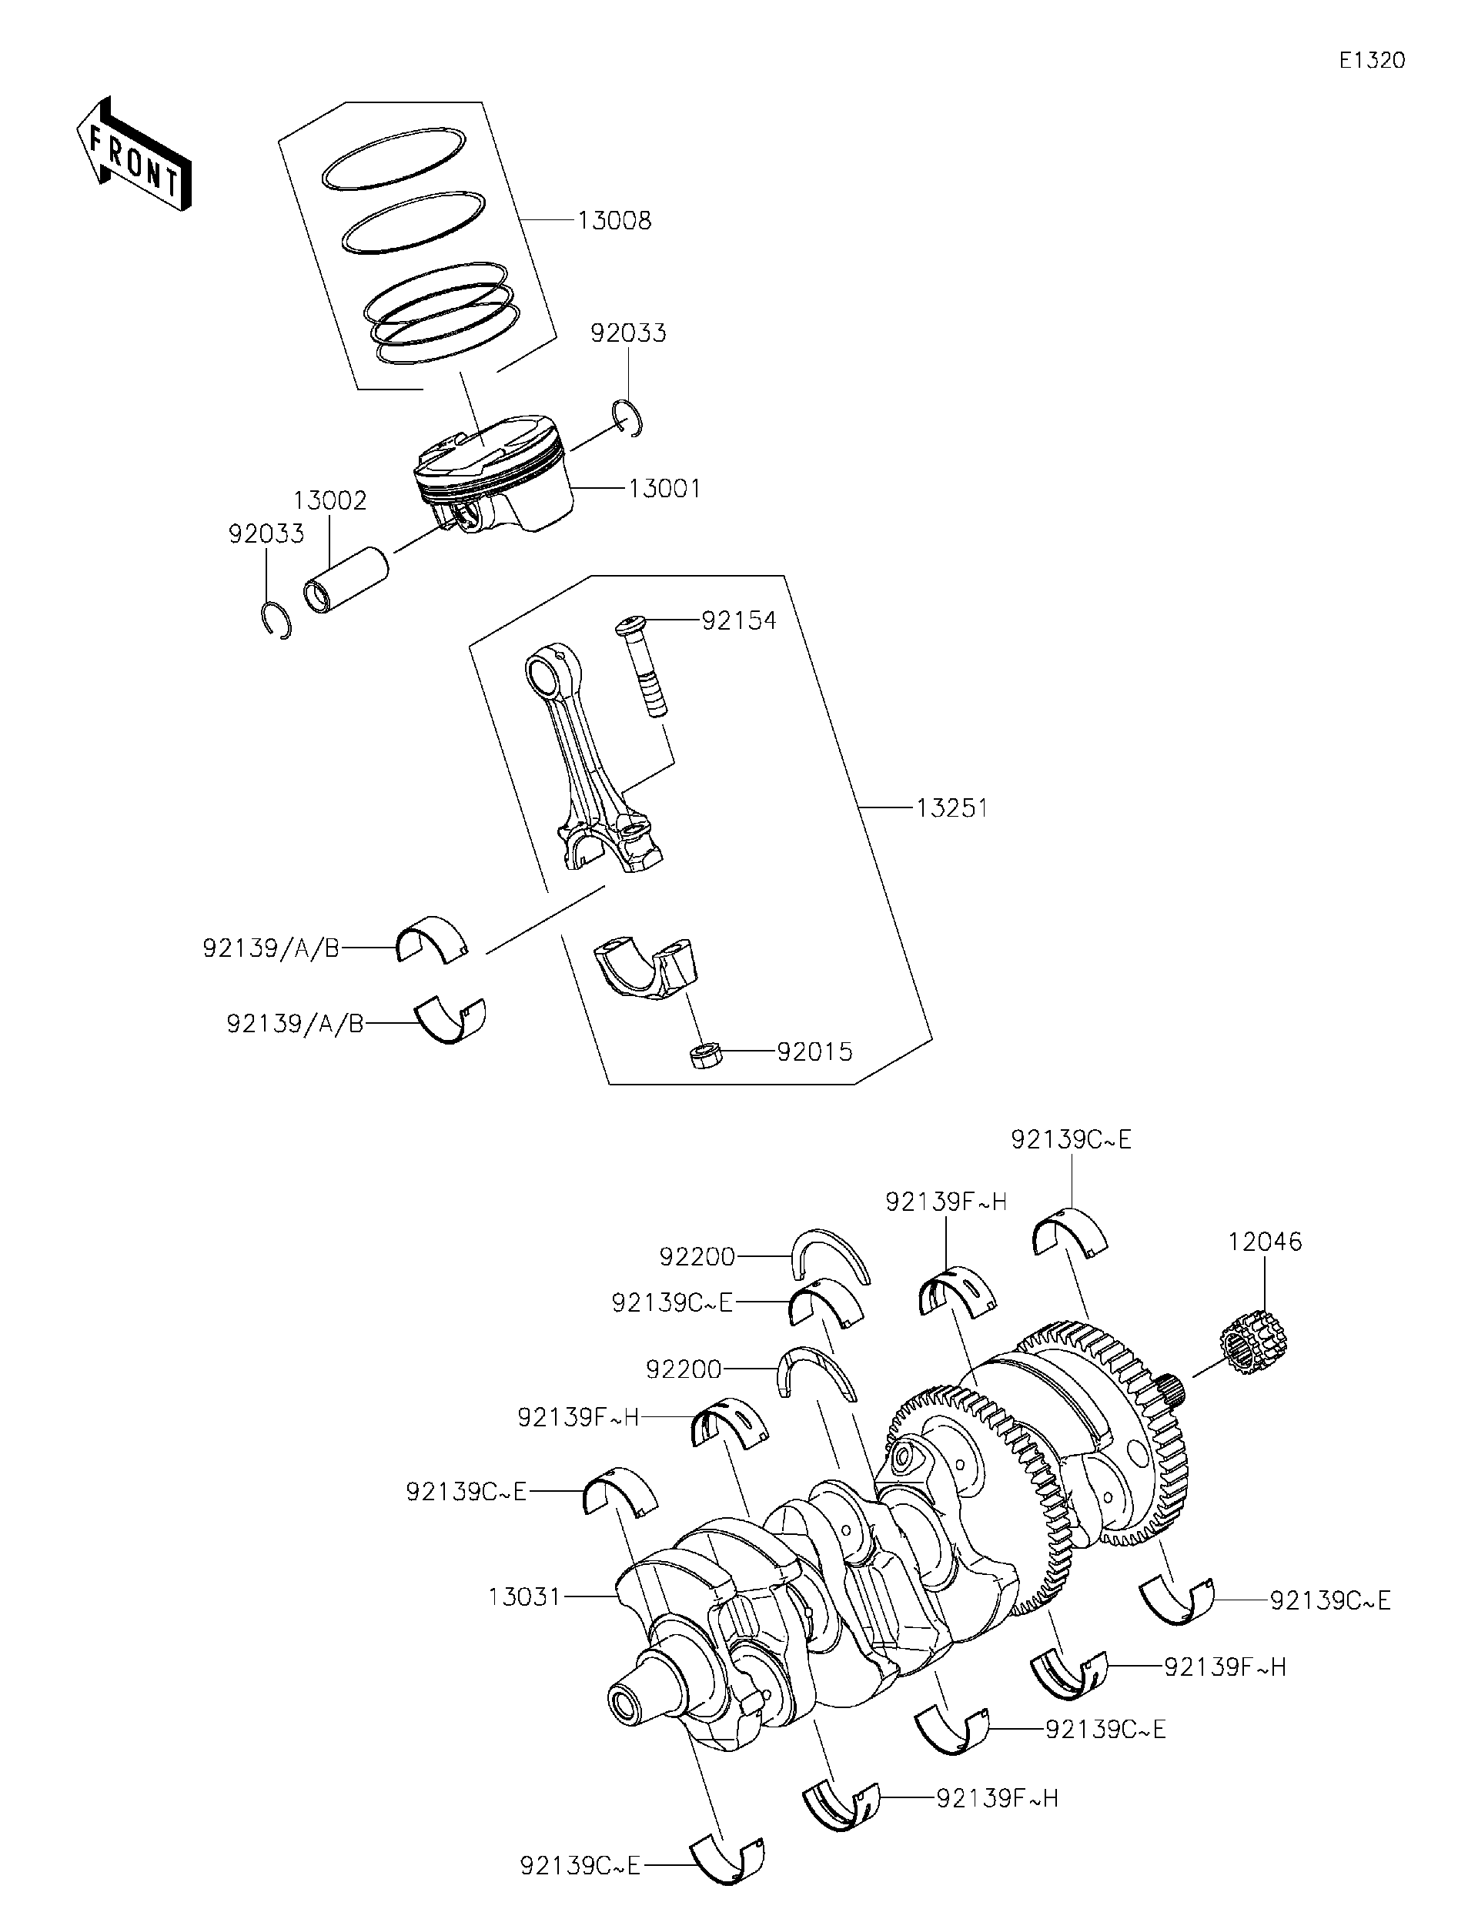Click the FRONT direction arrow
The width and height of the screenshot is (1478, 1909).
click(134, 154)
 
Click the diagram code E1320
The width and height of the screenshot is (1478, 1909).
click(1371, 60)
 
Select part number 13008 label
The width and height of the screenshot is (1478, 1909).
click(614, 221)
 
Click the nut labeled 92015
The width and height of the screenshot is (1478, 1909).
click(704, 1055)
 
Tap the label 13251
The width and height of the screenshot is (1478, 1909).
click(951, 808)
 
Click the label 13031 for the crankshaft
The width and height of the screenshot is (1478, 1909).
click(523, 1597)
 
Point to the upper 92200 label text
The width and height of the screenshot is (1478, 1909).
click(697, 1257)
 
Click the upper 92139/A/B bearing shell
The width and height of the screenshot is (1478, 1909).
click(432, 941)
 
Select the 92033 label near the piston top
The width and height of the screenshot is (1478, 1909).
click(627, 333)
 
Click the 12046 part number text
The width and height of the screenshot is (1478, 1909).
click(1264, 1241)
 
